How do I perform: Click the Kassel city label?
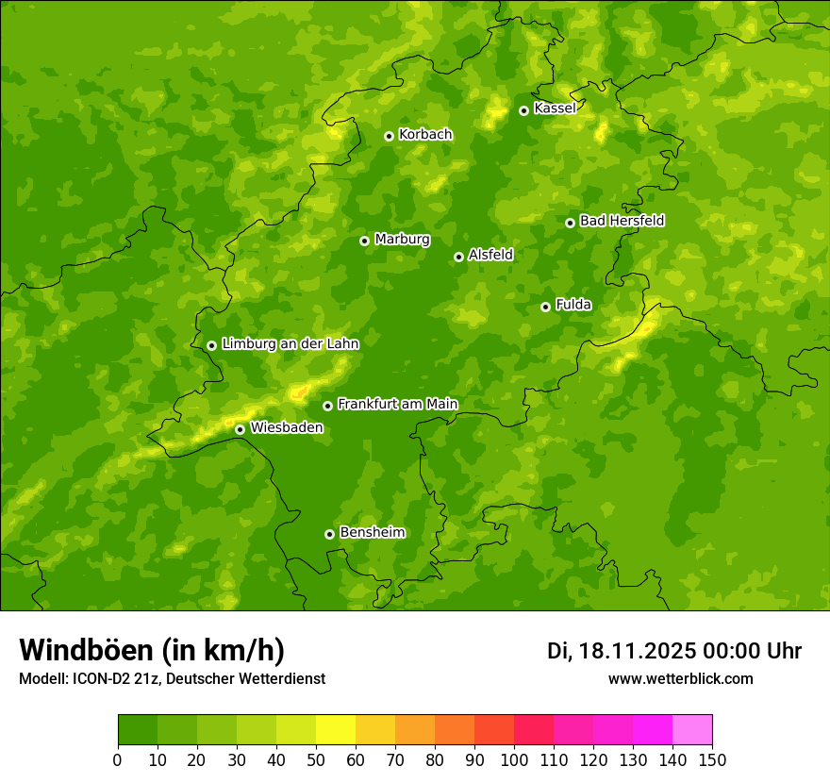coord(555,108)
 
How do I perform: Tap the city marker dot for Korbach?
coord(389,136)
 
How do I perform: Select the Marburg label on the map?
coord(402,240)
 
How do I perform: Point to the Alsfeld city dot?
coord(458,257)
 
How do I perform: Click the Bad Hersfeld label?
coord(622,221)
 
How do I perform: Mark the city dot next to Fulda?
coord(545,307)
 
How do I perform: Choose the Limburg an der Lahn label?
coord(290,344)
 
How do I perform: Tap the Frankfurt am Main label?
coord(397,404)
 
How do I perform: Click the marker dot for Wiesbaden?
coord(240,429)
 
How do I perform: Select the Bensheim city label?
coord(372,532)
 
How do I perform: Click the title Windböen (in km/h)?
coord(151,650)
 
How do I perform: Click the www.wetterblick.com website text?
coord(680,678)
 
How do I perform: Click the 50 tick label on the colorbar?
coord(316,760)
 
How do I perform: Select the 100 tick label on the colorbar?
coord(514,760)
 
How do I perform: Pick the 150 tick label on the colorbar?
coord(712,760)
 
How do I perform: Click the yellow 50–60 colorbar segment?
coord(336,730)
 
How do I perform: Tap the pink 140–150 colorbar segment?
coord(692,730)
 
